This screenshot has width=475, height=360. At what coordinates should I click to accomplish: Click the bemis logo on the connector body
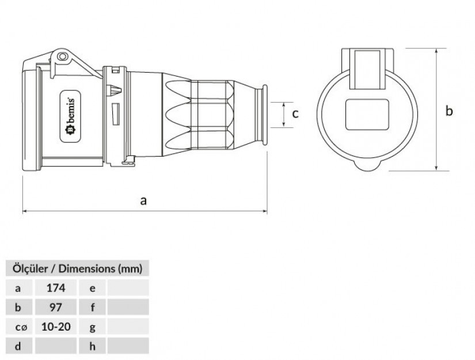[x=71, y=116]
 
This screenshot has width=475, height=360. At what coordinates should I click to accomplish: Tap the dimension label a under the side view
[x=143, y=200]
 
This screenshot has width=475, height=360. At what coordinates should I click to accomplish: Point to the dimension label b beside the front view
[x=449, y=111]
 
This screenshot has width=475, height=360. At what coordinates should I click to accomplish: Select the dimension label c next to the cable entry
[x=295, y=114]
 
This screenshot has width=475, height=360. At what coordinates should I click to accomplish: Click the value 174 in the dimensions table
[x=56, y=287]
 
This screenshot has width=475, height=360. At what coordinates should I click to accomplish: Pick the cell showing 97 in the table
[x=56, y=307]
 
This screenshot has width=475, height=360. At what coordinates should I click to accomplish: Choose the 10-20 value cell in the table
[x=56, y=327]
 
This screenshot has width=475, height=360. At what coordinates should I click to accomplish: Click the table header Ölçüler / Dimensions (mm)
[x=77, y=268]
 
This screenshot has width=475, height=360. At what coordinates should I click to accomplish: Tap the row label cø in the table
[x=21, y=327]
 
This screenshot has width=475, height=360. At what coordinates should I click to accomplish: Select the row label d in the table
[x=18, y=346]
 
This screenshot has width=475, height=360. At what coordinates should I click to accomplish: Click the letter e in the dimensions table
[x=92, y=288]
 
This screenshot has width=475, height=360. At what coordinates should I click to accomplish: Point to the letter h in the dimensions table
[x=92, y=346]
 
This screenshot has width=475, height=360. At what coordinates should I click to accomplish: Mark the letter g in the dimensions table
[x=92, y=328]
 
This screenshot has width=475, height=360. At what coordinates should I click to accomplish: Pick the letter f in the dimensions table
[x=92, y=307]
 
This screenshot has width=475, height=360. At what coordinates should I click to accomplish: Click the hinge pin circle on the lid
[x=62, y=56]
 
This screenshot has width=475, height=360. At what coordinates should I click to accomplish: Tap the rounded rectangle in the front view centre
[x=367, y=115]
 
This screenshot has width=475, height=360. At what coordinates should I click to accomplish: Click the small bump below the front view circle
[x=367, y=166]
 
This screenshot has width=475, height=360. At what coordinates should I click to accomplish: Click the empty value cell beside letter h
[x=128, y=346]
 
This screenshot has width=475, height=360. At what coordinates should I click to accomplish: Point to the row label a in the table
[x=18, y=288]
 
